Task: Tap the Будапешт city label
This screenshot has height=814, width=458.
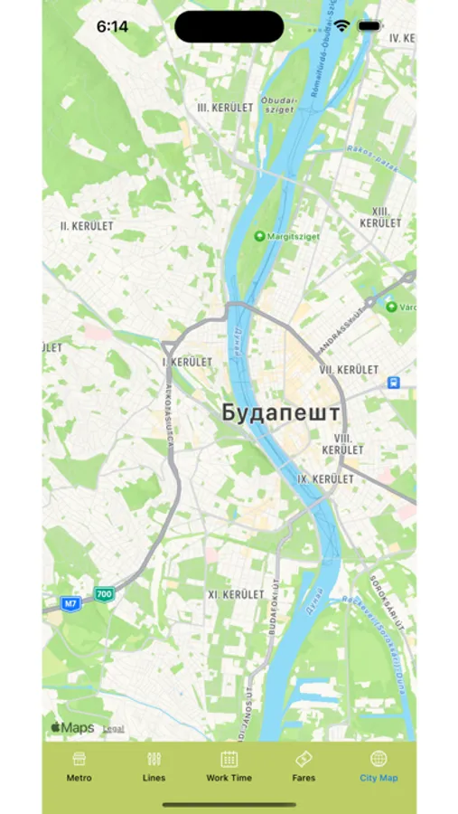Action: pos(281,413)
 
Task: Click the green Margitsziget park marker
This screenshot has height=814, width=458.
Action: pos(260,236)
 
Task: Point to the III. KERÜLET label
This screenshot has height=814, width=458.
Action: pos(225,107)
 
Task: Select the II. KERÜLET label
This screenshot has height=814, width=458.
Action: pos(87,225)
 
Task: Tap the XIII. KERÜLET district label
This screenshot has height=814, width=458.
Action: pos(379,216)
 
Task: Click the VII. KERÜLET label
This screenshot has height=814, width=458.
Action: pos(349,370)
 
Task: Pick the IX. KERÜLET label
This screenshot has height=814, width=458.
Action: pos(325,478)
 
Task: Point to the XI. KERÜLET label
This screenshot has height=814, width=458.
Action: pos(236,595)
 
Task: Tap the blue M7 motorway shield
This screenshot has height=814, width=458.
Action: pos(70,601)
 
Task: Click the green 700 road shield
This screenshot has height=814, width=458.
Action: pos(105,594)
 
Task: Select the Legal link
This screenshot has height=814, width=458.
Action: pos(113,728)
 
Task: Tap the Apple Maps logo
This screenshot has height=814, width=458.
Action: pos(72,727)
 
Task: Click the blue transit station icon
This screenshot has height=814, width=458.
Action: pos(394,383)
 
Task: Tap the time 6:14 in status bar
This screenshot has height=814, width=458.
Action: pos(112,27)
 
